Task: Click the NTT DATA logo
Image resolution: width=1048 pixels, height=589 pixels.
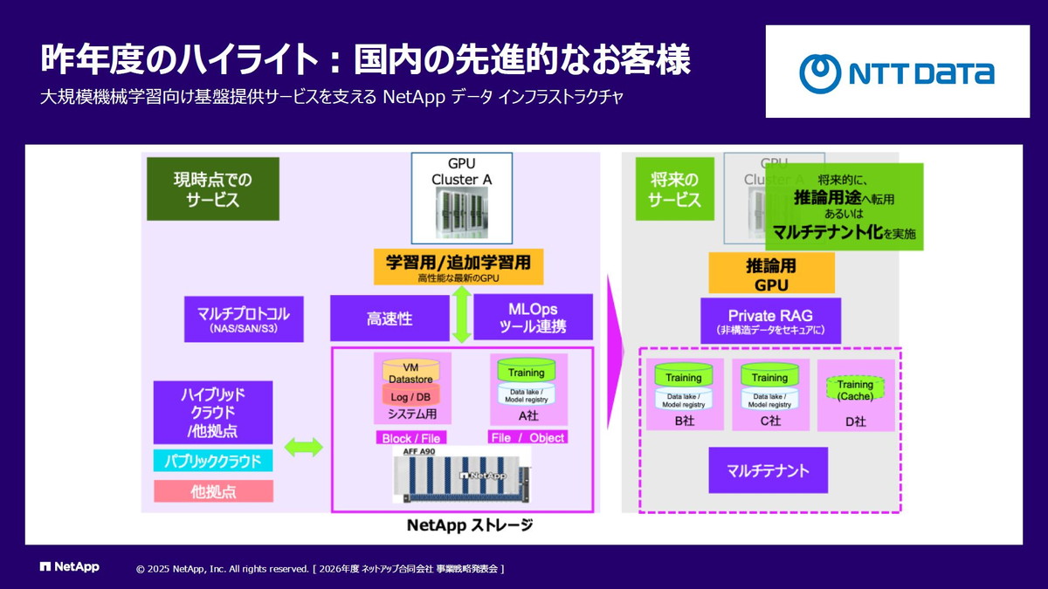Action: (897, 72)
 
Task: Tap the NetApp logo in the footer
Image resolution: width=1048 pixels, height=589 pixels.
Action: (70, 567)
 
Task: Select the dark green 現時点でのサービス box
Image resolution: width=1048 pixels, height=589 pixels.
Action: (212, 188)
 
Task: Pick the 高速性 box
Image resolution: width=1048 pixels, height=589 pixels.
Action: (389, 318)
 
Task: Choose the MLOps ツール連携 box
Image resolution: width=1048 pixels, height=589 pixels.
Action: (533, 318)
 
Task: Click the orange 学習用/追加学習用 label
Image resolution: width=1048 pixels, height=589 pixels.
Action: (458, 266)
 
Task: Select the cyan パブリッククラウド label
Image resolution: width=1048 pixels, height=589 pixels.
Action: (213, 460)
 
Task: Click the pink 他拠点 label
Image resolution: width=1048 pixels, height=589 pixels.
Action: (213, 491)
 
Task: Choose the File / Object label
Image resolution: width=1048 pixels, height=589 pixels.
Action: (527, 438)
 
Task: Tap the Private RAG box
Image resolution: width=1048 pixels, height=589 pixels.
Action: (770, 320)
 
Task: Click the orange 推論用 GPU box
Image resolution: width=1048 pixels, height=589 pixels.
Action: (771, 273)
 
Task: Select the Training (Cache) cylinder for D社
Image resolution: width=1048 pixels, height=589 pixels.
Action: (854, 389)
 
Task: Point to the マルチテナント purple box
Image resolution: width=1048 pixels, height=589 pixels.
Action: (768, 471)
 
